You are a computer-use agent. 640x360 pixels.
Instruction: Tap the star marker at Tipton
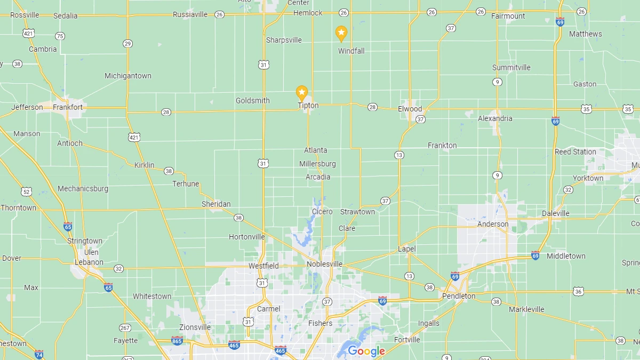[x=302, y=93]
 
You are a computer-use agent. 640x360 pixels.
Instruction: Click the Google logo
[x=366, y=351]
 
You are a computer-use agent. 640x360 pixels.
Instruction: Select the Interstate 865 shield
[x=177, y=340]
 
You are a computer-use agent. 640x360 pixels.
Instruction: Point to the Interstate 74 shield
[x=39, y=354]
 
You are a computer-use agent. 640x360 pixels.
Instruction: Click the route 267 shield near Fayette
[x=125, y=327]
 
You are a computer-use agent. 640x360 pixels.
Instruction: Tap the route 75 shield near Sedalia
[x=60, y=36]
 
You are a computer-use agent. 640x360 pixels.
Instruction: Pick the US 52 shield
[x=26, y=191]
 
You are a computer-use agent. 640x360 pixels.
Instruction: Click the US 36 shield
[x=578, y=291]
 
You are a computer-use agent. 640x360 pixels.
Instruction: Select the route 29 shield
[x=127, y=43]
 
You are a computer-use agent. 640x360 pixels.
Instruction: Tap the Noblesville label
[x=324, y=265]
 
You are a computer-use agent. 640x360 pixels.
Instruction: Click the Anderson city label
[x=493, y=224]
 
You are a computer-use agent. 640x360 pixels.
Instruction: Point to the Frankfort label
[x=68, y=107]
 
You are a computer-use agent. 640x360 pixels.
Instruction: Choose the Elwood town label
[x=410, y=109]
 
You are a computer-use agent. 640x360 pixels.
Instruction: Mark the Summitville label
[x=511, y=68]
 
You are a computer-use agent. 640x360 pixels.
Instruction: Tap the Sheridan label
[x=216, y=204]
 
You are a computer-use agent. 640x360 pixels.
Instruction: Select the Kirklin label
[x=144, y=165]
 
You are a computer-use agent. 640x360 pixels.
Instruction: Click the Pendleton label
[x=459, y=296]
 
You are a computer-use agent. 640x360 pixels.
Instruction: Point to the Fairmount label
[x=508, y=16]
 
